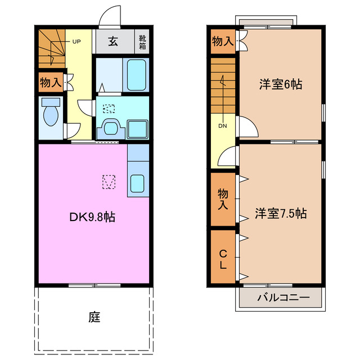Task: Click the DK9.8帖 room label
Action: (93, 216)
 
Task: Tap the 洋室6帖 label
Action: (280, 84)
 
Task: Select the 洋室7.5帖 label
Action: (280, 214)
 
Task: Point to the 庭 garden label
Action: (94, 317)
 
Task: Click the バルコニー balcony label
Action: (280, 298)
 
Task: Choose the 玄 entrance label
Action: (113, 41)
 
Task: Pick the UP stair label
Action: (75, 41)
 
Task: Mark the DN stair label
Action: (223, 125)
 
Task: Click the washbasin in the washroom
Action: (111, 129)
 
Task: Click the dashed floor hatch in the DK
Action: (109, 182)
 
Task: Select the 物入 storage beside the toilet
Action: (51, 83)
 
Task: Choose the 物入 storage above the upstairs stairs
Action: (223, 41)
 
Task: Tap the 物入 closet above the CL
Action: (223, 200)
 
